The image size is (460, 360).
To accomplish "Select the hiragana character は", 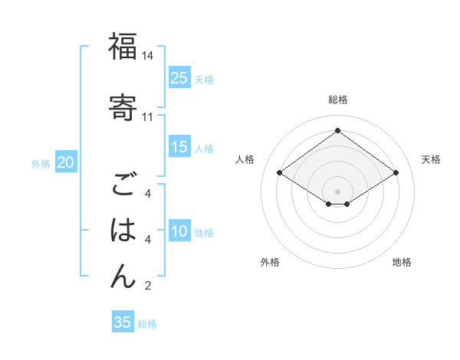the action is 123,231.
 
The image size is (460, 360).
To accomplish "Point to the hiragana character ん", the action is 123,276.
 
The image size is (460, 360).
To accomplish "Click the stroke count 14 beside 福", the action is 148,57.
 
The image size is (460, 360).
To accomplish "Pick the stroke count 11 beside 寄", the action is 148,117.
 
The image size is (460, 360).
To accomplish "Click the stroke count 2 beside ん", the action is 148,286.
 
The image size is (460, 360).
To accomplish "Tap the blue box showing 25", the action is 179,77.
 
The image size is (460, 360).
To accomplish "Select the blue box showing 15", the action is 179,147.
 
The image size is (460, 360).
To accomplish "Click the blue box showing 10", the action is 179,231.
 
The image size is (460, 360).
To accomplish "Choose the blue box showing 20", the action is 66,162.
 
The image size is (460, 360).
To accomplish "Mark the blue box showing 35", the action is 123,322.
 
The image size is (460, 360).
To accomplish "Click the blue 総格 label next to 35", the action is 147,324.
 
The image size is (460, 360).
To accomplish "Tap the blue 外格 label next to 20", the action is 41,164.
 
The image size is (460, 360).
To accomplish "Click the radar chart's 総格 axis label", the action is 337,100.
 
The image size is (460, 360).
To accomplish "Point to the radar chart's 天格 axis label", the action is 431,159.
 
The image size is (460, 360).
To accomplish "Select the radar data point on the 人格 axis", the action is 280,173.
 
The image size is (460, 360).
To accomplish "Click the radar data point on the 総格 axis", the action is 337,131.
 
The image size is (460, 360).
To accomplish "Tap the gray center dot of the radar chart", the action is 337,191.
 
